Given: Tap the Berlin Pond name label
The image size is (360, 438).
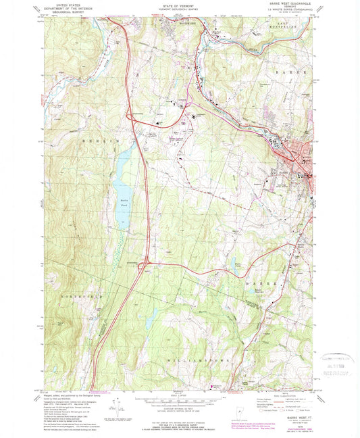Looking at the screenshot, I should (x=122, y=203).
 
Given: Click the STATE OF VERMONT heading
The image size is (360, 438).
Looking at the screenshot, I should (x=179, y=5).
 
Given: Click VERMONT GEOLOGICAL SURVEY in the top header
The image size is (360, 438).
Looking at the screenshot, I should (x=179, y=9).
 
